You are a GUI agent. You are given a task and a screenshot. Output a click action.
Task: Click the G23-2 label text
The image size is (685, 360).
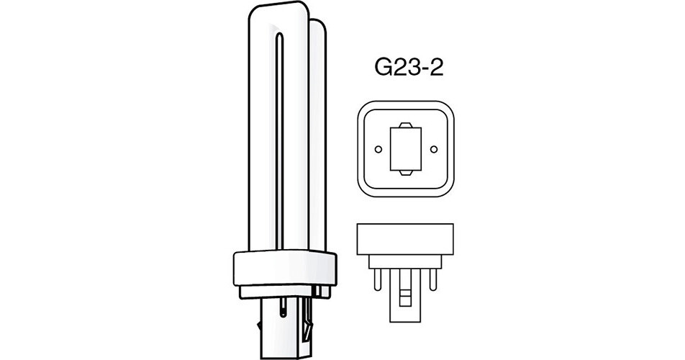(409, 68)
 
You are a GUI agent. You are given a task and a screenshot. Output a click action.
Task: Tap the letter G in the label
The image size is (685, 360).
(383, 68)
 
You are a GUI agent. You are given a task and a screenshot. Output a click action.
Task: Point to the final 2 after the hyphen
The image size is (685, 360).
(436, 68)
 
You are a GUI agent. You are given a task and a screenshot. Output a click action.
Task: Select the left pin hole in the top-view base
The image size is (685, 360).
(378, 150)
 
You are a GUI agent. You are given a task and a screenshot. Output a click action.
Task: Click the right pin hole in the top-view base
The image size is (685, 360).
(433, 150)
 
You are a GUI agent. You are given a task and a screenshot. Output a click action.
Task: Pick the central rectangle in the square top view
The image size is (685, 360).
(406, 149)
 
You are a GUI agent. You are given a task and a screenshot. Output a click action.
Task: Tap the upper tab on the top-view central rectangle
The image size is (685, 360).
(406, 125)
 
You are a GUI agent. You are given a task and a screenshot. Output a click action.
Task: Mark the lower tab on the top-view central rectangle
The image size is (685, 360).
(406, 174)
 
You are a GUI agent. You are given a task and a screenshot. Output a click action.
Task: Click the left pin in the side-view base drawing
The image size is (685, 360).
(378, 279)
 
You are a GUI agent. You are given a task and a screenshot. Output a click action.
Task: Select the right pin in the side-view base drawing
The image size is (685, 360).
(433, 279)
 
